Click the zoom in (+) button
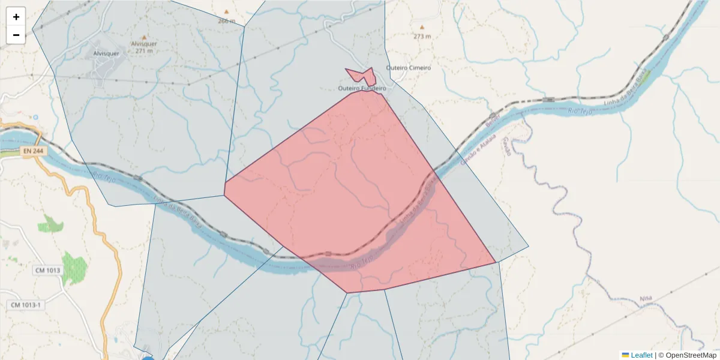coord(16,17)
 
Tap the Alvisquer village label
coord(107,53)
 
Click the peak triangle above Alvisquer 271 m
coord(144,37)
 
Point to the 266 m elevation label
coord(227,21)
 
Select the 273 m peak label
coord(422,36)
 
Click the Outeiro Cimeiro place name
coord(409,68)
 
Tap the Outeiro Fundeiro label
coord(362,89)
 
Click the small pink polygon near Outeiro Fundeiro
coord(362,76)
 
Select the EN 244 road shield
coord(34,151)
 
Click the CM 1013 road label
coord(47,271)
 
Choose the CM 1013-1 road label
coord(26,305)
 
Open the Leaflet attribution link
coord(641,355)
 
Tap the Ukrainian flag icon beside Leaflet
coord(625,355)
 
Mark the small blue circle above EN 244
coord(35,117)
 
